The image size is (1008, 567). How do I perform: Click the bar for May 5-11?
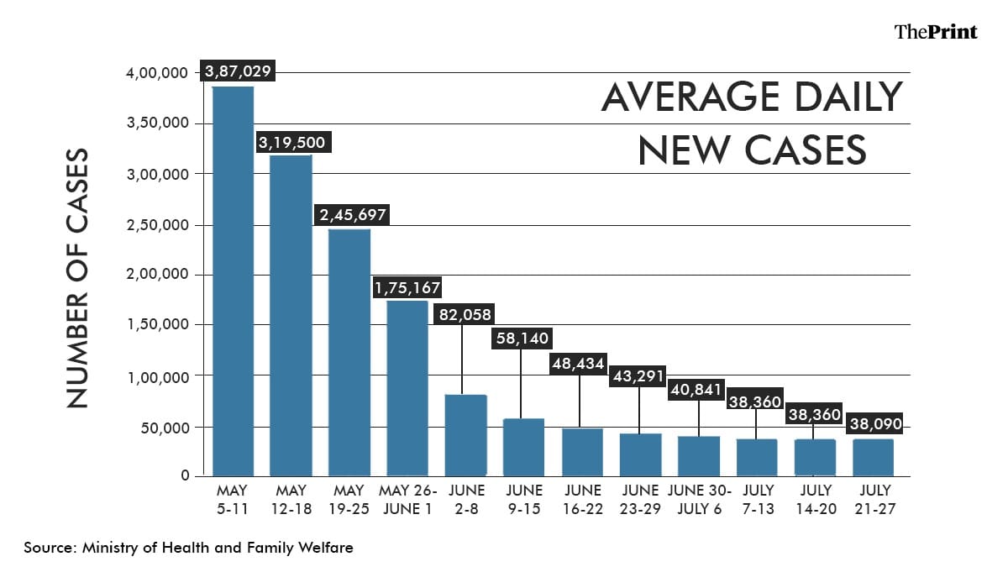coord(233,281)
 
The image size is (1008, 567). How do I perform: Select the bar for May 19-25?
coord(349,353)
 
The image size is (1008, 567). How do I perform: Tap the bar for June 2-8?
coord(466,435)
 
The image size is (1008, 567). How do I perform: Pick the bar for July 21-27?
coord(874,457)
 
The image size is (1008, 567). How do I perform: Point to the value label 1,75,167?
coord(407,288)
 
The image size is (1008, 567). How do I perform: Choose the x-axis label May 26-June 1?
coord(407,499)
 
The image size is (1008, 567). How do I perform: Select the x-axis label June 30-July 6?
coord(699,499)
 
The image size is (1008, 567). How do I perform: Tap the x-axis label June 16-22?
coord(582,499)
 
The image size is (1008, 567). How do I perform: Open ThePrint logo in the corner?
coord(936,32)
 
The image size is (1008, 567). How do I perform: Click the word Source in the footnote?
coord(49,548)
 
